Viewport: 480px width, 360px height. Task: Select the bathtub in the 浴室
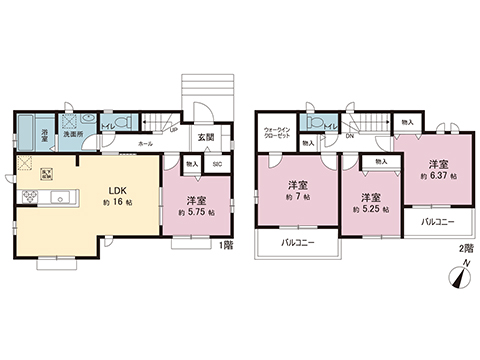[27, 129]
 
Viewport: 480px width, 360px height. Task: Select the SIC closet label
[218, 163]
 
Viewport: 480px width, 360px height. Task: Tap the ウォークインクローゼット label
[278, 132]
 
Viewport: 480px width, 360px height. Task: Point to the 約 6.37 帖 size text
[436, 176]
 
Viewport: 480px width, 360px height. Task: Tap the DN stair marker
[350, 136]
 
